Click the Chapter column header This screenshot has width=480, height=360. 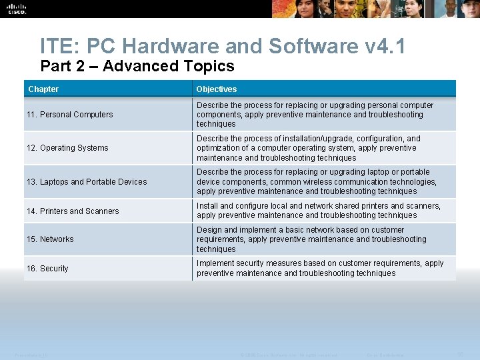[43, 89]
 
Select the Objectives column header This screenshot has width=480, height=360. [216, 89]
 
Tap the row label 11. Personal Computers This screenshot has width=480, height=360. [70, 115]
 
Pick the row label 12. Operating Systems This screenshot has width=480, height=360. [67, 148]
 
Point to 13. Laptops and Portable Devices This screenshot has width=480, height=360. [87, 182]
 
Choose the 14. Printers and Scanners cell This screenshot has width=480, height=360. [73, 211]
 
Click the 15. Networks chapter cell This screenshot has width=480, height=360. [50, 239]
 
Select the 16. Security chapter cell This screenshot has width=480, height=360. [47, 269]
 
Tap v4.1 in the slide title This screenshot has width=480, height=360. [386, 46]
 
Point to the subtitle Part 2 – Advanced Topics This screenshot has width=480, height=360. [137, 66]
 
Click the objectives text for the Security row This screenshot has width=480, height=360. [320, 268]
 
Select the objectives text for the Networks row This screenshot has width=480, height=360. [311, 239]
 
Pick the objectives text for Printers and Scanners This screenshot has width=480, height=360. [319, 211]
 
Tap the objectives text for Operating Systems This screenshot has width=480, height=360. [309, 148]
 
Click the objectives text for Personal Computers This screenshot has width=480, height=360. [315, 115]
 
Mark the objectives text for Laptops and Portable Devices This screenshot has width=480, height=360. [317, 181]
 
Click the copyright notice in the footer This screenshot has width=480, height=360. [288, 353]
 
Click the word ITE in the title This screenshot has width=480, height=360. [59, 46]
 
